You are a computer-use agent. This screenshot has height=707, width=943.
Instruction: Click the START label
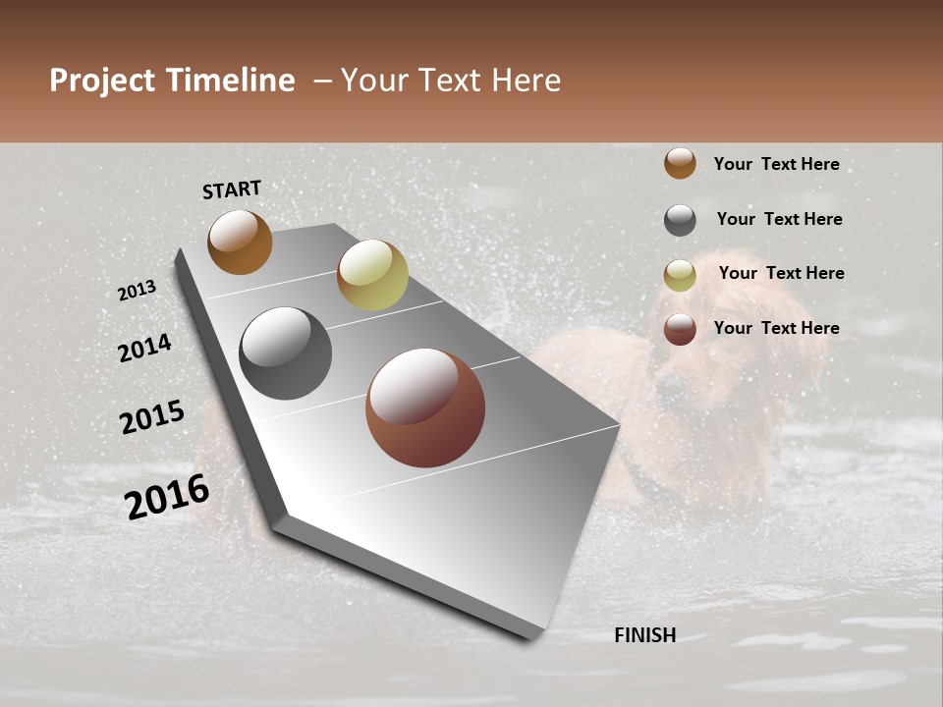pos(232,190)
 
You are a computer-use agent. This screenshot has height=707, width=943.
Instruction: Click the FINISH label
pos(644,635)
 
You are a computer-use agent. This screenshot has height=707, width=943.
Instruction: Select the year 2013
pos(137,291)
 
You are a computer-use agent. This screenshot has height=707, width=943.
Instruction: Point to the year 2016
pos(167,497)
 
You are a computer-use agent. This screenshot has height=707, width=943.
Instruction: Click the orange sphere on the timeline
pos(240,242)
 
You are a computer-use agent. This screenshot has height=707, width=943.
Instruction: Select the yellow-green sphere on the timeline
pos(372,275)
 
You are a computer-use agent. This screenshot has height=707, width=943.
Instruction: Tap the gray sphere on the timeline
pos(285,353)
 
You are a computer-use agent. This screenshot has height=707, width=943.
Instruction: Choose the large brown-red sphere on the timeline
pos(425,408)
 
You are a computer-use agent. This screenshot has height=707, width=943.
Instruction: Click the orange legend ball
pos(680,163)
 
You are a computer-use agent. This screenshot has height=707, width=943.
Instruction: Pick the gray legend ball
pos(680,220)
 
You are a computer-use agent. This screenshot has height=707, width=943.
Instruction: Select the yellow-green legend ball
pos(680,275)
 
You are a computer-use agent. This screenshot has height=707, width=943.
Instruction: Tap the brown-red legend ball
pos(680,329)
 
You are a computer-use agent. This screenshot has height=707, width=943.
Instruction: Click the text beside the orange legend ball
pos(776,164)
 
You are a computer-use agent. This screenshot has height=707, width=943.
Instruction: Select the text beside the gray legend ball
pos(779,219)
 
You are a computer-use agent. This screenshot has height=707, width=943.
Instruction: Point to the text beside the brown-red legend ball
pos(776,328)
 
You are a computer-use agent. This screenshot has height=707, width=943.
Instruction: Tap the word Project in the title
pos(103,81)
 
